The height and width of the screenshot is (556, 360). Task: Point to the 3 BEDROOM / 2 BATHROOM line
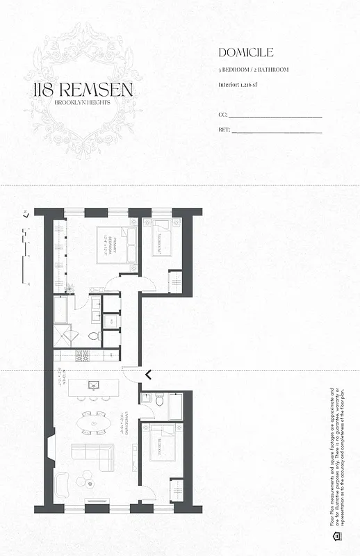(253, 69)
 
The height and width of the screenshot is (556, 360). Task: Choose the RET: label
(224, 129)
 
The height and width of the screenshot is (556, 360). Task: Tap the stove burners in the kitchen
(82, 354)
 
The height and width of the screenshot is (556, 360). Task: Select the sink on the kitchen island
(93, 384)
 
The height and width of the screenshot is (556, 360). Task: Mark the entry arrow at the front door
(148, 375)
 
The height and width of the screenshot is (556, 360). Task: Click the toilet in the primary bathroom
(95, 336)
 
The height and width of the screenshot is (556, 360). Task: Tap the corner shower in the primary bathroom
(67, 337)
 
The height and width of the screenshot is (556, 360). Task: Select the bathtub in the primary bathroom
(60, 309)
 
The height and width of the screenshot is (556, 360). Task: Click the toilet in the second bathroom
(159, 400)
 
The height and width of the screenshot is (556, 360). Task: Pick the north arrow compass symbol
(26, 215)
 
